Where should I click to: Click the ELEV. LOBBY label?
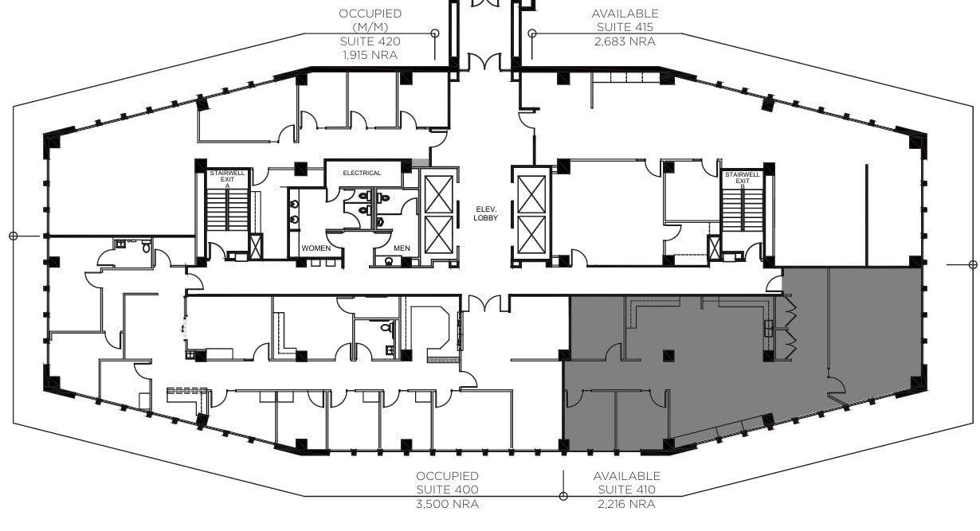click(485, 213)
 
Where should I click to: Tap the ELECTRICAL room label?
click(362, 173)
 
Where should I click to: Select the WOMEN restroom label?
click(316, 248)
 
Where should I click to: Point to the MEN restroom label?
click(402, 248)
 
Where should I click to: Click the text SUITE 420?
click(370, 41)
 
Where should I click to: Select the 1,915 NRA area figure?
click(370, 54)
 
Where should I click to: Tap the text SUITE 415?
click(625, 27)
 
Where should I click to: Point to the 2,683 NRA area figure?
click(625, 41)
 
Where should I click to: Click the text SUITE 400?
click(448, 490)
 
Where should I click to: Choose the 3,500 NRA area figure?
click(448, 503)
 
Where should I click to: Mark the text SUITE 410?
click(626, 490)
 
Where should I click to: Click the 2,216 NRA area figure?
click(626, 503)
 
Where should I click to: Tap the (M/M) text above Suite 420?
click(370, 27)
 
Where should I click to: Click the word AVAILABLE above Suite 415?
click(625, 14)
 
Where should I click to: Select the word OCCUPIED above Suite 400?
click(448, 476)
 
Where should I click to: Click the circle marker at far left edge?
click(13, 236)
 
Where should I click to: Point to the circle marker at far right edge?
click(972, 264)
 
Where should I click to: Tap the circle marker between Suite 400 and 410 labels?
click(563, 496)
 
